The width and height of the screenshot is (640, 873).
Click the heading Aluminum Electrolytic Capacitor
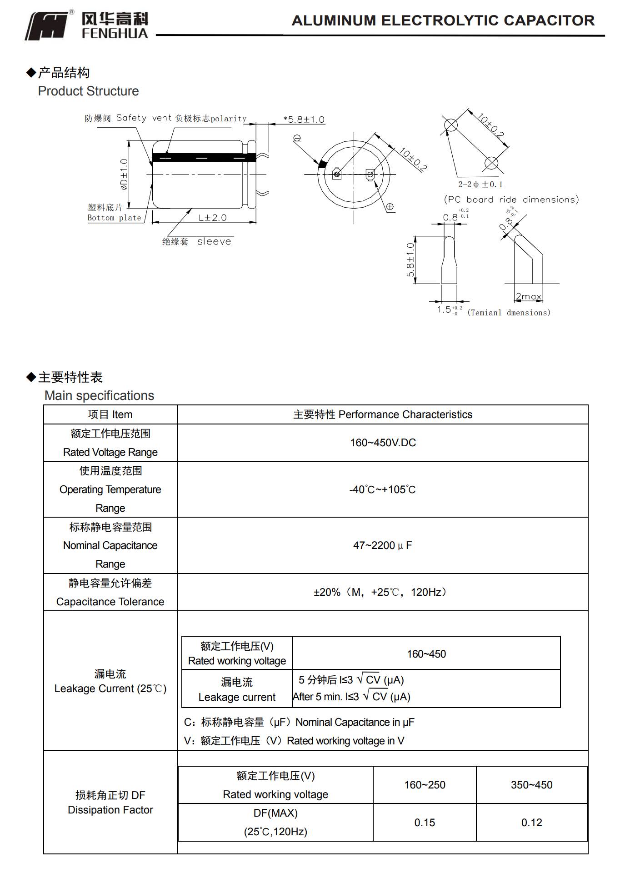point(443,20)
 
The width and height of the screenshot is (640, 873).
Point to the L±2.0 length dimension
point(212,218)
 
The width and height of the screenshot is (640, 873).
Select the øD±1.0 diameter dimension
point(124,174)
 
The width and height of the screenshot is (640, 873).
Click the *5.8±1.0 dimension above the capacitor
point(304,120)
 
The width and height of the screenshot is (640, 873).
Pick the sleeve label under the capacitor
point(214,242)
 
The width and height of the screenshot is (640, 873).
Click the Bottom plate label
point(114,218)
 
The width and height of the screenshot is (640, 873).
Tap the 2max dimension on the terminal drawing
point(528,296)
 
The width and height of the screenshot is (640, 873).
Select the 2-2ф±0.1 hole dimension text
point(480,184)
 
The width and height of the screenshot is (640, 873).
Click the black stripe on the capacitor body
point(204,158)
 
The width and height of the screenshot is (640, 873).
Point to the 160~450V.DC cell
point(383,443)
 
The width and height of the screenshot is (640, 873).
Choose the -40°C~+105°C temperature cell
point(382,489)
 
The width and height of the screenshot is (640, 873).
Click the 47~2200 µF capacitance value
point(382,545)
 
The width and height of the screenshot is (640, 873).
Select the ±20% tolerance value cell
point(381,592)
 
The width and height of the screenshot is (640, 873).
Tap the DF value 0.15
point(425,823)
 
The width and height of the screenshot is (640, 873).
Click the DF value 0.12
point(531,823)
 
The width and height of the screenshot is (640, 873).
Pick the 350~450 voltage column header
point(531,785)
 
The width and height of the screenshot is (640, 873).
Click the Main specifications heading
point(99,395)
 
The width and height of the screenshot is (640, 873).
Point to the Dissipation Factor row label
point(110,810)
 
